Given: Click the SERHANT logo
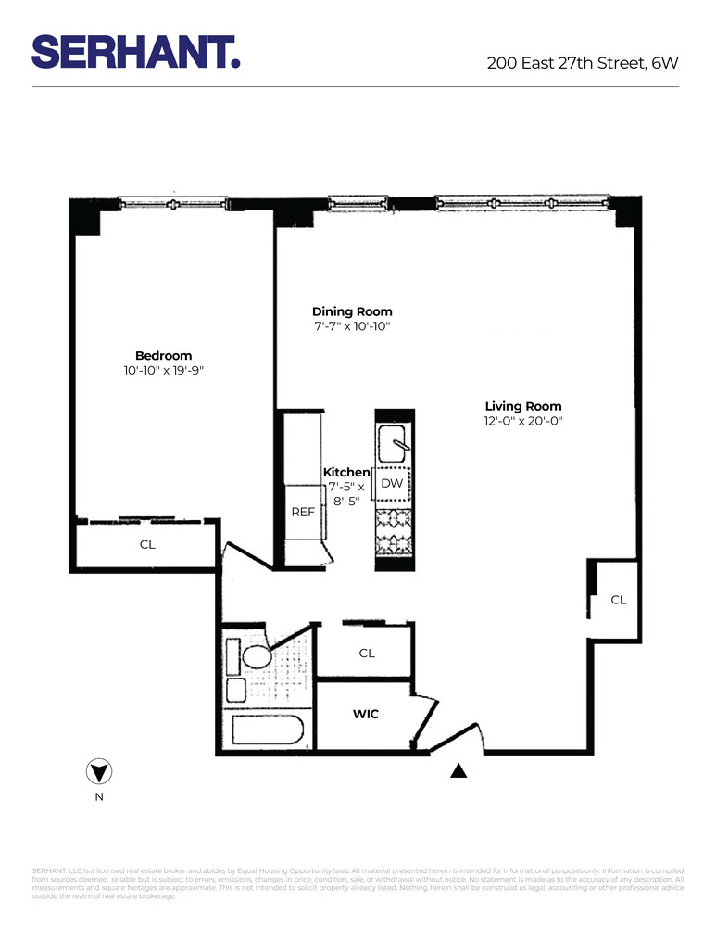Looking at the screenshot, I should pos(136,51).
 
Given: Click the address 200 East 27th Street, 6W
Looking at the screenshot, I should pos(583,63).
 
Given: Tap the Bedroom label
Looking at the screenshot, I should pos(163,356).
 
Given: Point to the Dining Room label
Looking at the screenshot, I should pos(352,311).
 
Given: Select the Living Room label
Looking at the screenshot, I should pos(523,406).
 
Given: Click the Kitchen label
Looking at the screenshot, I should pos(346,473).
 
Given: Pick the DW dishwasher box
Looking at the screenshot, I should pos(392,484).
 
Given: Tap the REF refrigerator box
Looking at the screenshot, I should pos(304,512).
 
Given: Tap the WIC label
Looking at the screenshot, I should pos(365,715).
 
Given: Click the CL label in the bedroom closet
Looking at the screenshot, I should pos(147,545).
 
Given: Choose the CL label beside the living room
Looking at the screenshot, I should pos(619,600).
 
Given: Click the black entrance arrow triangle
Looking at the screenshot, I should pos(458,769).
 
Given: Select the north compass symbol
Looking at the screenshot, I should pos(98,771).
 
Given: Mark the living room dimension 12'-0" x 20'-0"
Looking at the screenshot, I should pos(523,421).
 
